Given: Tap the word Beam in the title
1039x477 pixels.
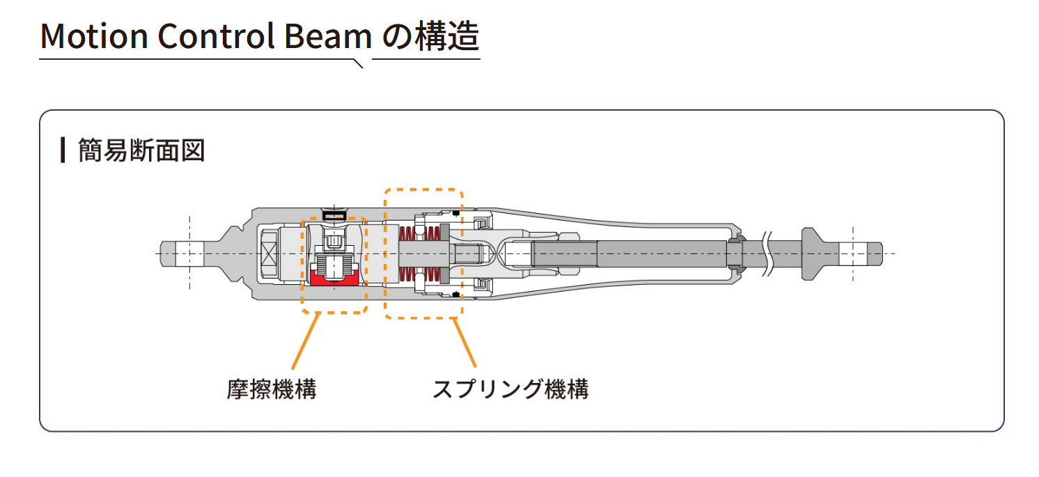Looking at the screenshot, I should point(328,36).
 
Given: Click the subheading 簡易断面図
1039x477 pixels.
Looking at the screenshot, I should point(141,150).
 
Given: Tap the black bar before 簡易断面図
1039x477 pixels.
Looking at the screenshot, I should point(63,150).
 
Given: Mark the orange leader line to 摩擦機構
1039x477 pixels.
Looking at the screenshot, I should point(305,341).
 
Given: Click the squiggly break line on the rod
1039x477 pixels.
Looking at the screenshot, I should point(769,253).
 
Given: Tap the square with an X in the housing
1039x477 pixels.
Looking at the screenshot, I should point(269,253).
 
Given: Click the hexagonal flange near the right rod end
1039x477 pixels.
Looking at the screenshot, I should point(810,253).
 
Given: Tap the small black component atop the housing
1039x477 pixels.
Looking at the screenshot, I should point(334,216).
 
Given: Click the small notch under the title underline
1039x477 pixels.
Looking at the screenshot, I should point(359,64).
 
